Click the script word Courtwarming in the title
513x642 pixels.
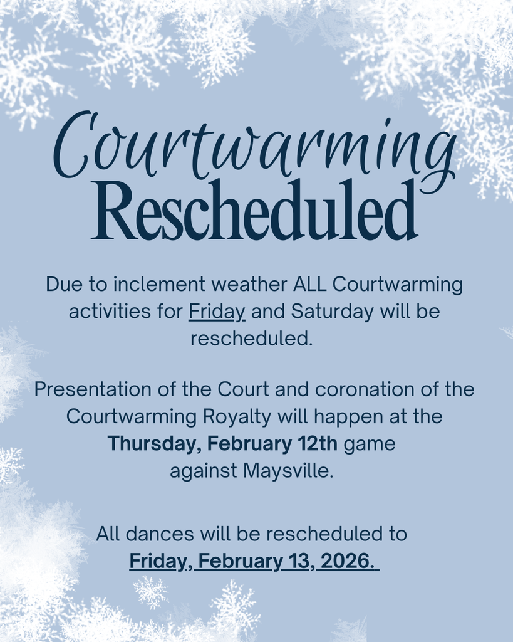coord(254,147)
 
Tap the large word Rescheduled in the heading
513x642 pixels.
coord(254,211)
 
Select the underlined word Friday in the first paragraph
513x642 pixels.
coord(217,312)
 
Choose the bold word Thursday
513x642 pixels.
coord(154,444)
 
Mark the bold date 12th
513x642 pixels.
coord(316,444)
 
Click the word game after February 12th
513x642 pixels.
coord(370,444)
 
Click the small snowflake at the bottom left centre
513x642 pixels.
coord(150,591)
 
